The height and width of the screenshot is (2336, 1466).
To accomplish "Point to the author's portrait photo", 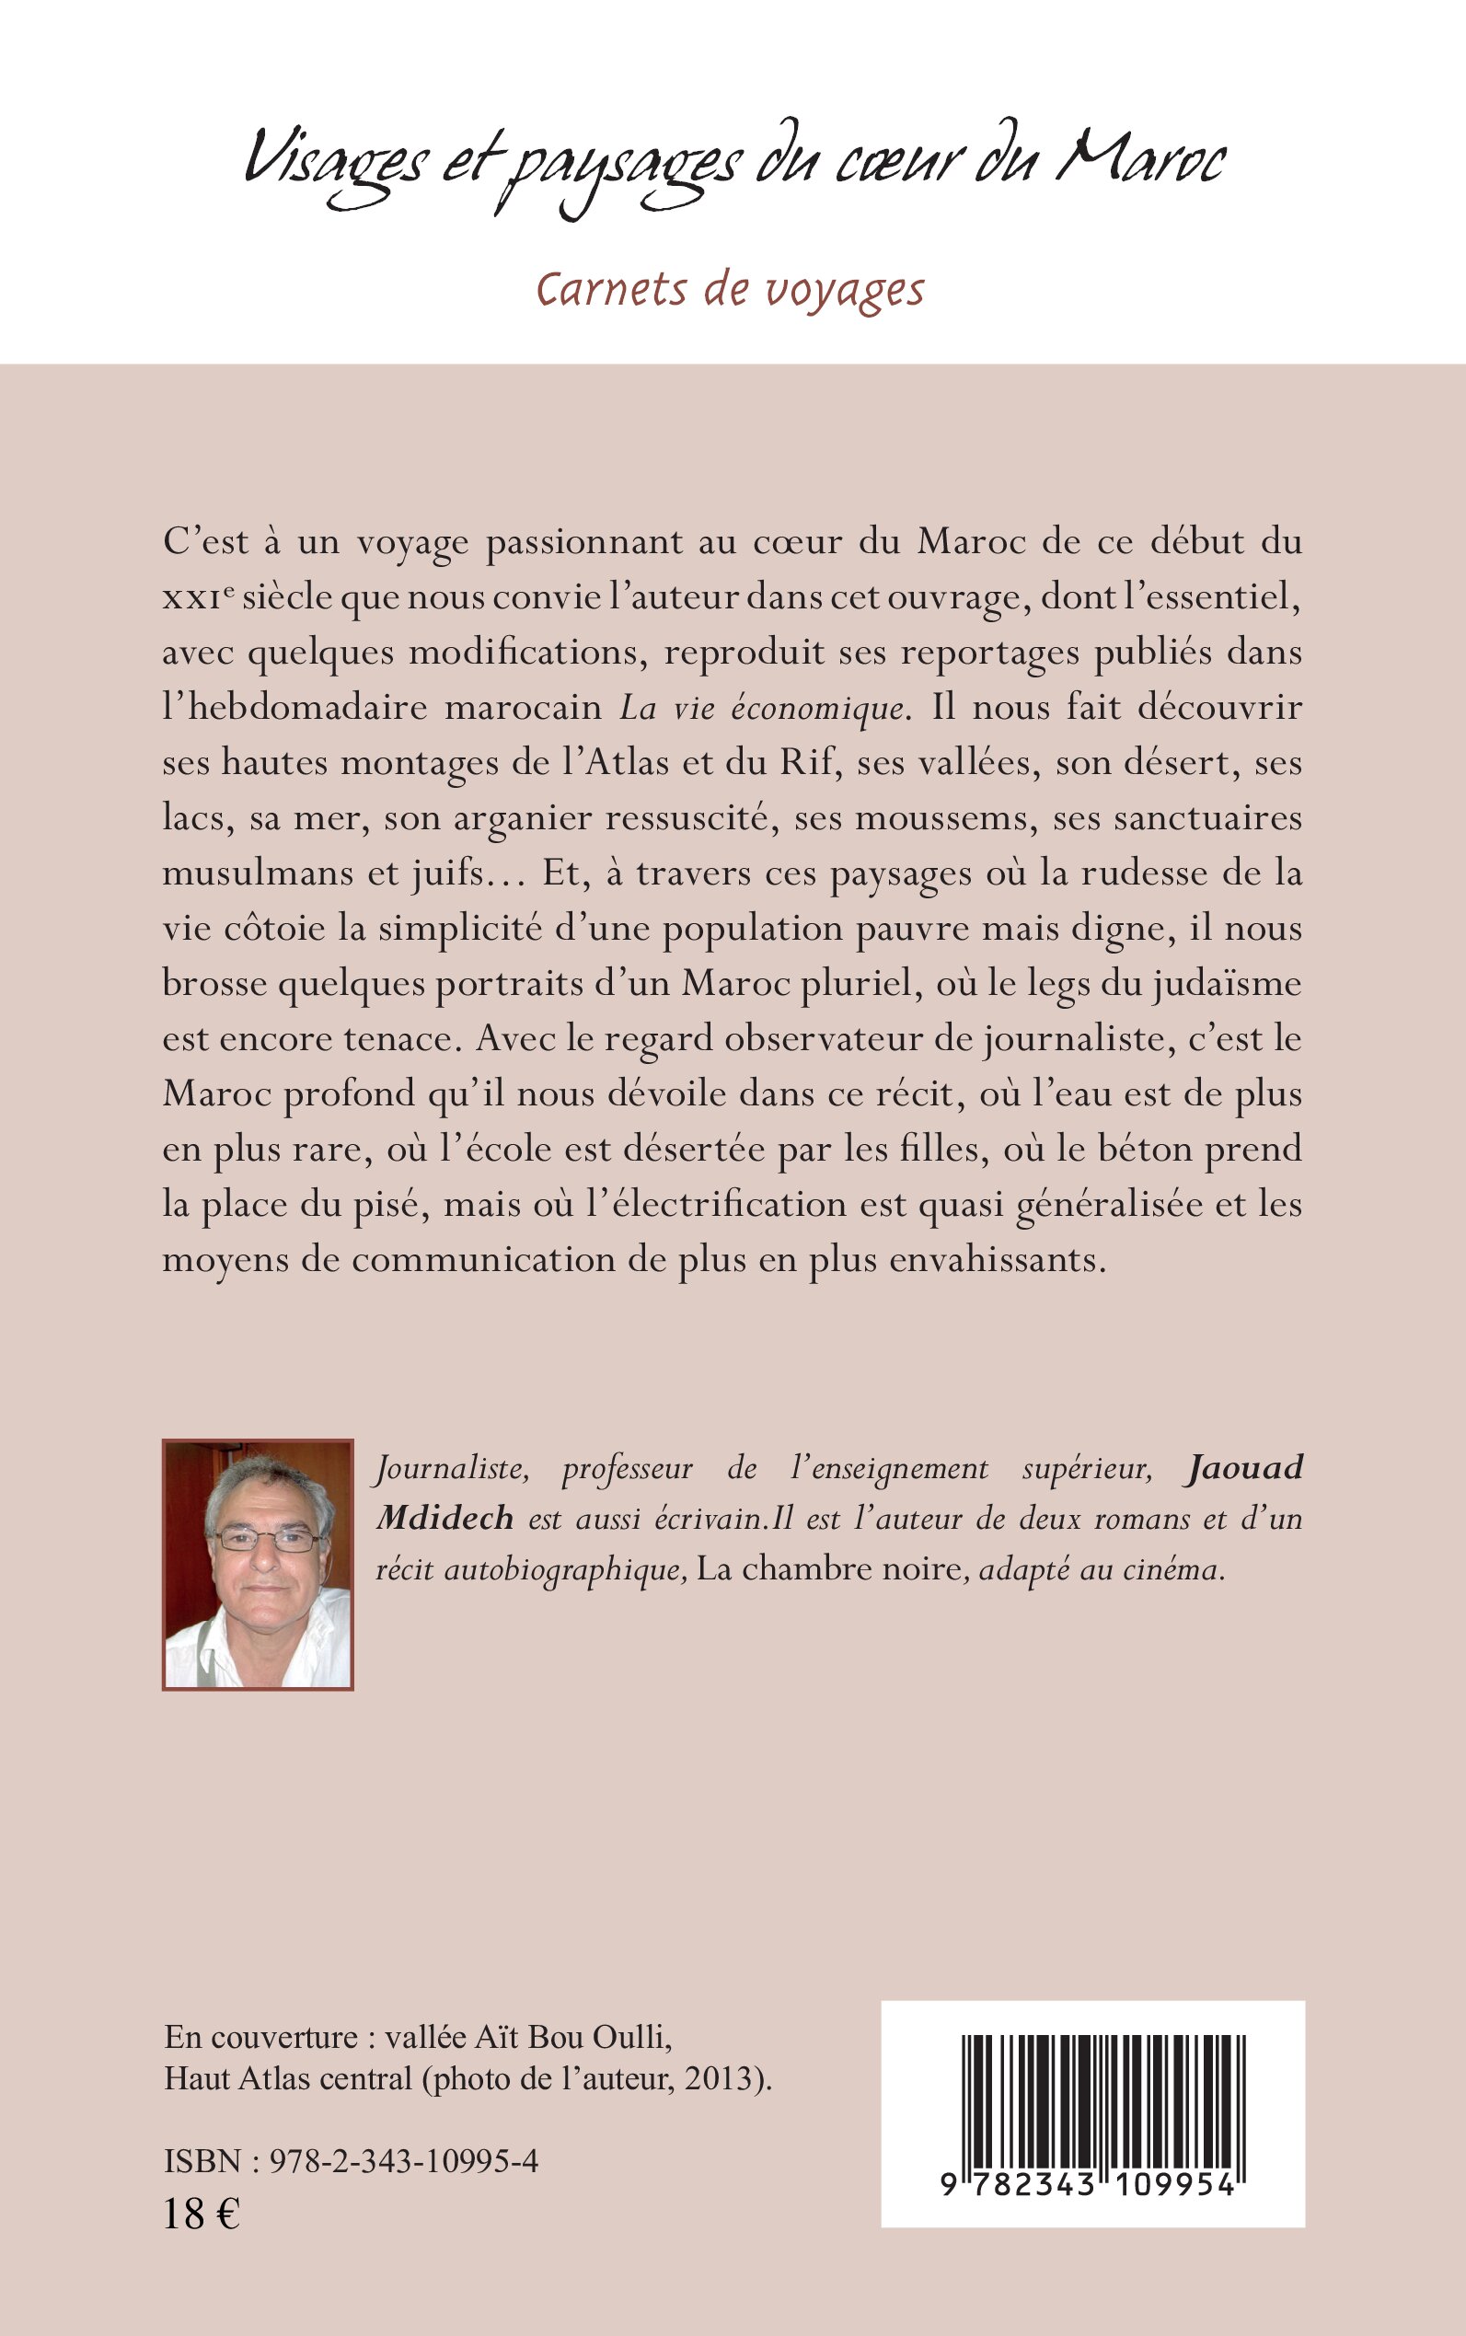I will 258,1565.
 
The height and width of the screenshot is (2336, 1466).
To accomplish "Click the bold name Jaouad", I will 1243,1468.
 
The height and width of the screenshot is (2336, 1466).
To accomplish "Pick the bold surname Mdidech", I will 445,1519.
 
